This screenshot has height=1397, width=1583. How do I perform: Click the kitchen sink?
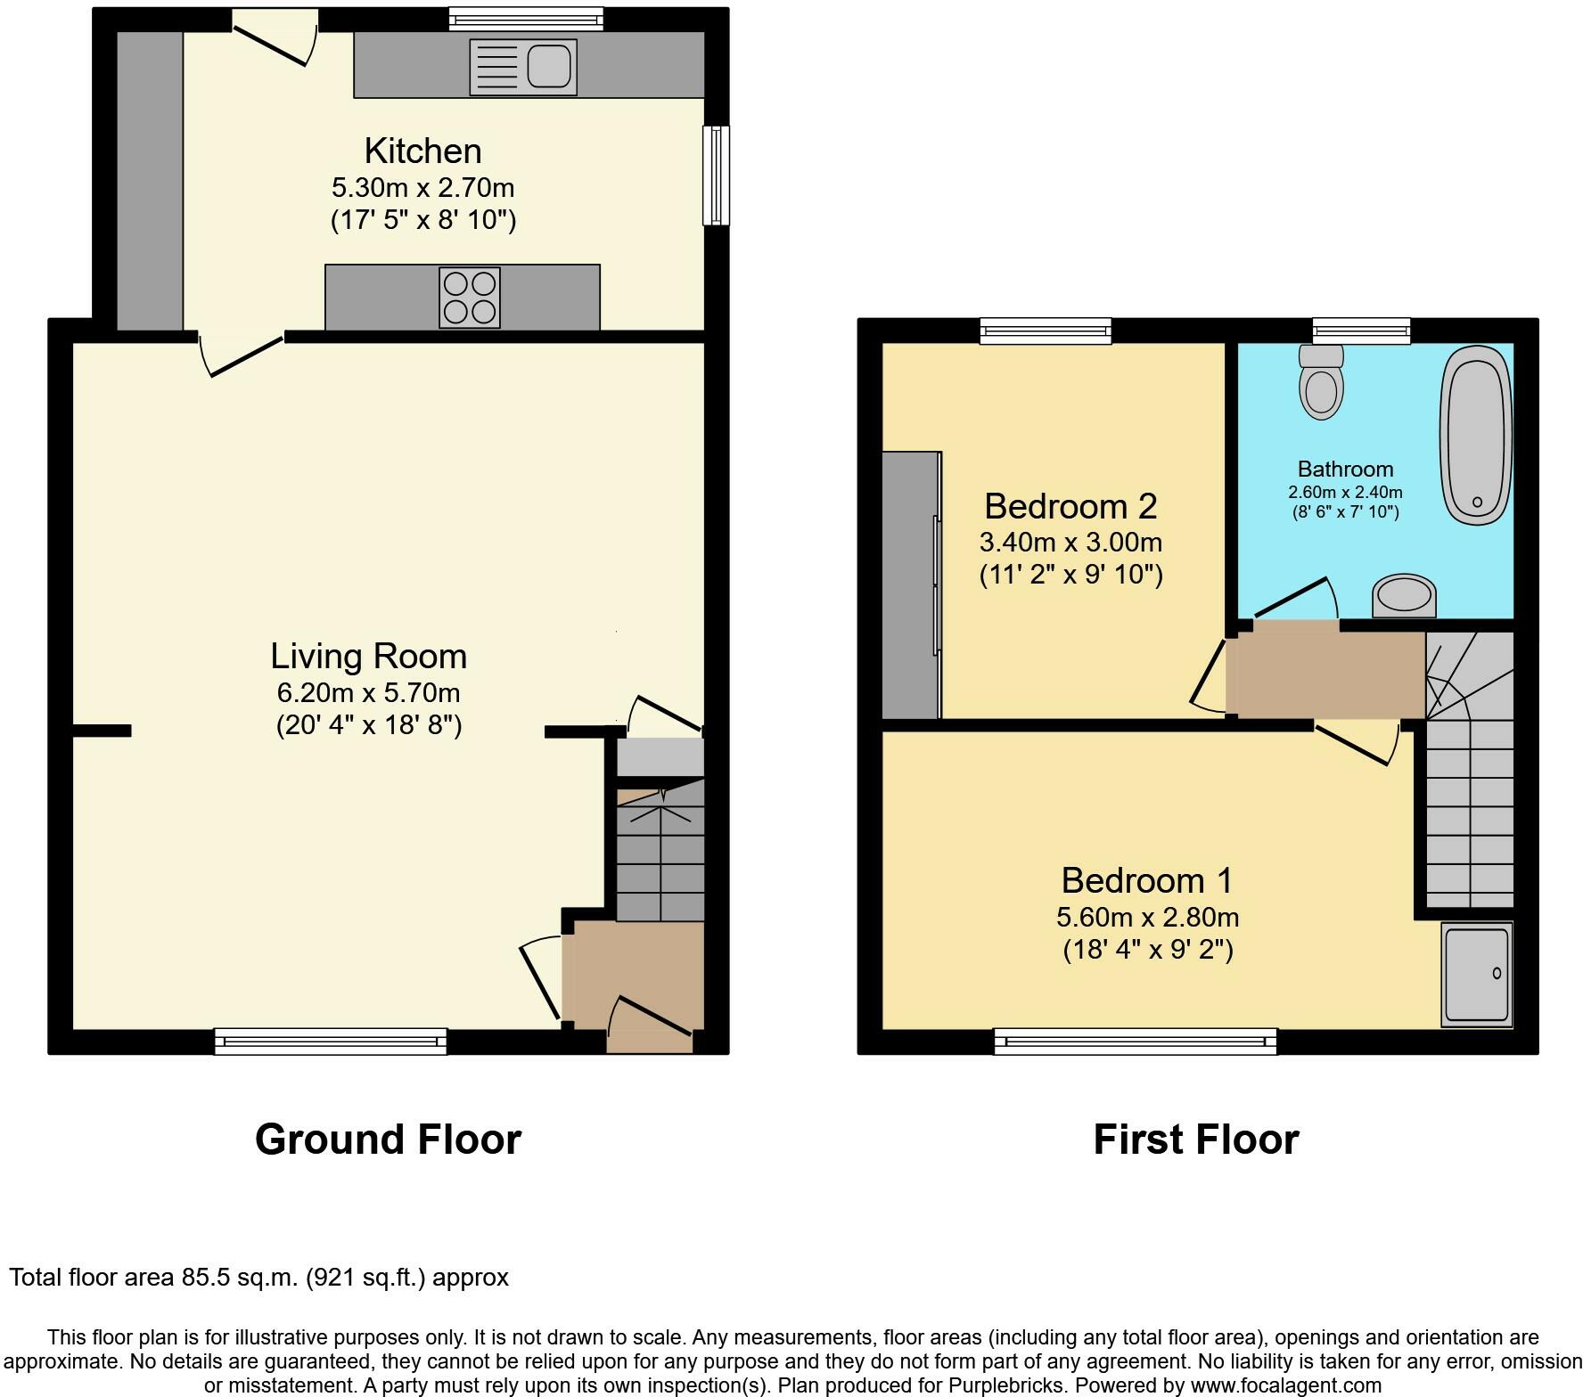(522, 67)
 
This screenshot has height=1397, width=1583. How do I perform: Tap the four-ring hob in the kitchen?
(470, 298)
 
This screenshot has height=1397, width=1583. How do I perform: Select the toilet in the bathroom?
(1322, 382)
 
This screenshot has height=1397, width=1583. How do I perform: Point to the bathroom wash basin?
(1404, 595)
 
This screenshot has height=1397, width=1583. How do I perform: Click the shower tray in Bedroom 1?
(1476, 975)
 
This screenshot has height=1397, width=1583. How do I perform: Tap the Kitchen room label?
(422, 151)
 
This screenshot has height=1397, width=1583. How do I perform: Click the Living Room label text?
(369, 656)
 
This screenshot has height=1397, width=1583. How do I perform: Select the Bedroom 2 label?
(1070, 506)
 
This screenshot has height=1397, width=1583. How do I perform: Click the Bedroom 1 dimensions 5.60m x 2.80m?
(1147, 917)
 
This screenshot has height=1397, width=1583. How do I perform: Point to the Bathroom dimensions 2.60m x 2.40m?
(1345, 492)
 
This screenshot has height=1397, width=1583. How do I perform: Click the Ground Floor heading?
(388, 1140)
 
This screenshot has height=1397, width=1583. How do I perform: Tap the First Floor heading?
(1196, 1140)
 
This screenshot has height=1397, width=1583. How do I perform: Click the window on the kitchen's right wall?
(716, 176)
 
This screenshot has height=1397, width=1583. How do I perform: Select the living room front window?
(331, 1042)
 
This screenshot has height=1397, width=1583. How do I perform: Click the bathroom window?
(1362, 331)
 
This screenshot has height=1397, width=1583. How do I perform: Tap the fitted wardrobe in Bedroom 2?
(912, 584)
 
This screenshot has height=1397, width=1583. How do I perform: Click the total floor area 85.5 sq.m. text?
(258, 1278)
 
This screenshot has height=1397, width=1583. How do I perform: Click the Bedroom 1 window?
(1135, 1042)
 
